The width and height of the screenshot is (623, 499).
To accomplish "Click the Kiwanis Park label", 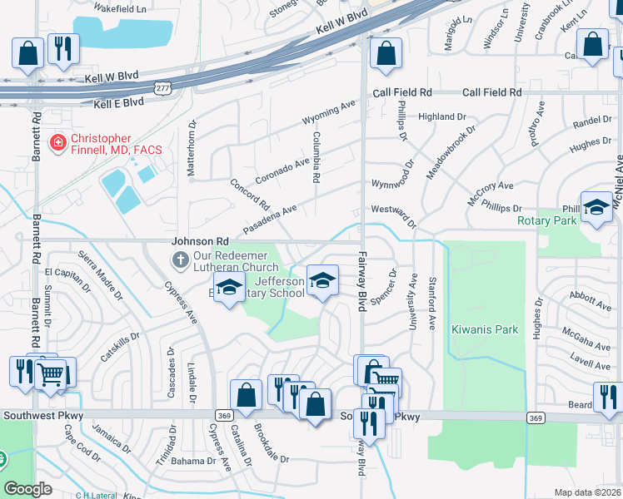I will click(484, 329).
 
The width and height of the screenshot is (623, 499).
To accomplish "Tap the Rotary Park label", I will click(546, 220).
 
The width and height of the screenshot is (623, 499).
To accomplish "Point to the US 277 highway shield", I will click(162, 87).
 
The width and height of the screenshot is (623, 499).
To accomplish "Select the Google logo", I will click(27, 488).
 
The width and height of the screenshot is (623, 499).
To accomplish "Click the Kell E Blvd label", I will click(118, 101).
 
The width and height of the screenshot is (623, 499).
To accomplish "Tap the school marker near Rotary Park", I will click(596, 209).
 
